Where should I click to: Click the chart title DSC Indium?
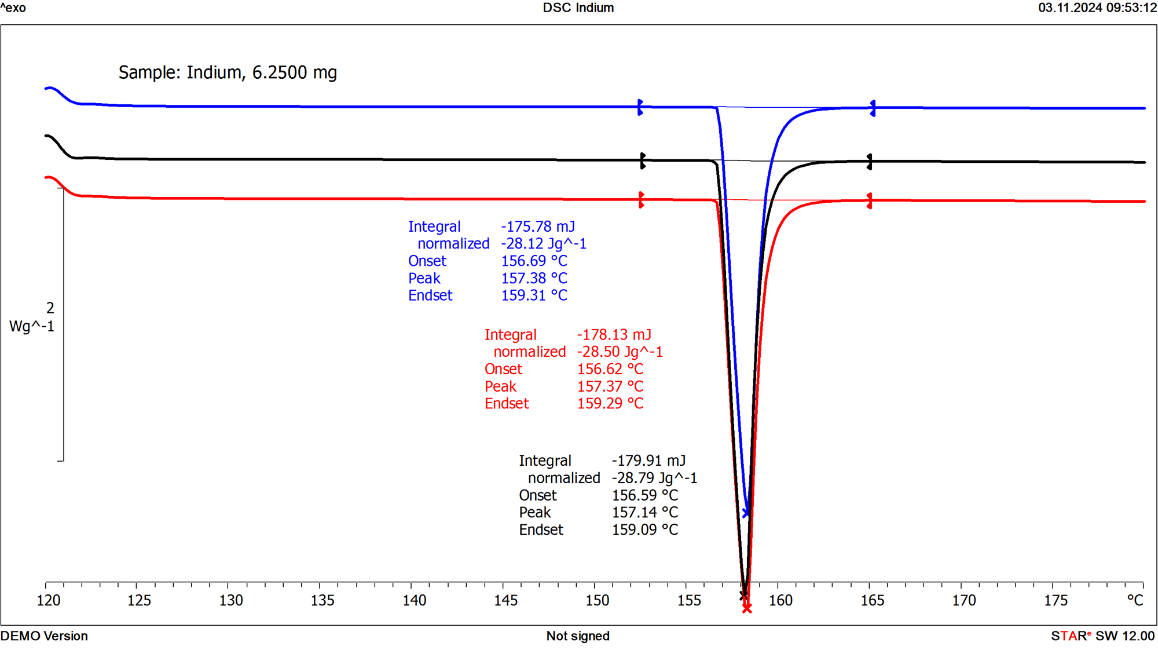pyautogui.click(x=578, y=8)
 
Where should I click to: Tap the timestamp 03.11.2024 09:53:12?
pyautogui.click(x=1097, y=8)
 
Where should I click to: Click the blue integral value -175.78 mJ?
pyautogui.click(x=538, y=227)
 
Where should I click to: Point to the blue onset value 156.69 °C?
pyautogui.click(x=534, y=261)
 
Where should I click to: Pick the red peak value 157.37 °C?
pyautogui.click(x=610, y=386)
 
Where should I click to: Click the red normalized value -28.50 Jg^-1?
pyautogui.click(x=620, y=352)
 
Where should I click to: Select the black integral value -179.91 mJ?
pyautogui.click(x=648, y=461)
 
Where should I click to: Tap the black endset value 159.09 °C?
pyautogui.click(x=644, y=530)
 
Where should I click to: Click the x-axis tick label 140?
pyautogui.click(x=415, y=601)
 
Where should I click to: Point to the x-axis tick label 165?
pyautogui.click(x=872, y=601)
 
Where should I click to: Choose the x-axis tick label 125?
pyautogui.click(x=139, y=601)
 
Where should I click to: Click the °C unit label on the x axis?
pyautogui.click(x=1135, y=600)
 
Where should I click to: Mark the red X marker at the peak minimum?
pyautogui.click(x=747, y=608)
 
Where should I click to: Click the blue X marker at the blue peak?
pyautogui.click(x=746, y=513)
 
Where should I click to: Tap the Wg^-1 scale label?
pyautogui.click(x=32, y=326)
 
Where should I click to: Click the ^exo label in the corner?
pyautogui.click(x=13, y=8)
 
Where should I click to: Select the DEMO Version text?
pyautogui.click(x=44, y=636)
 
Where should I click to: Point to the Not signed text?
pyautogui.click(x=578, y=636)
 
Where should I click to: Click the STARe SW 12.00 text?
pyautogui.click(x=1102, y=636)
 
